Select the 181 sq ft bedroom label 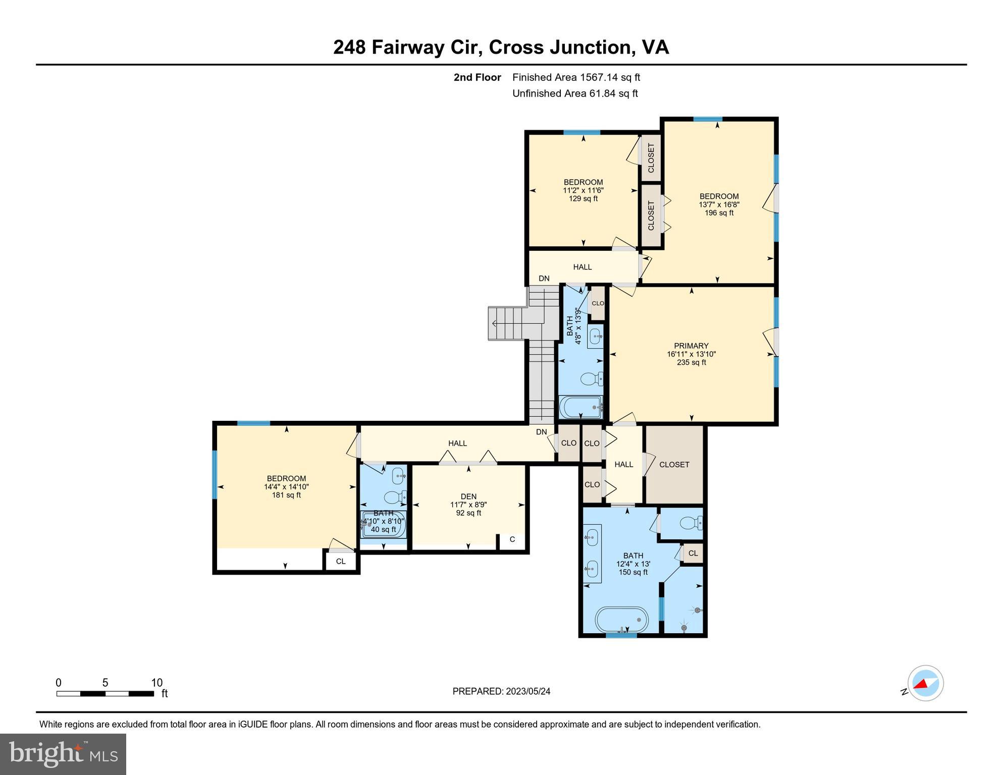coord(286,486)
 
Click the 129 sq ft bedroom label coord(583,190)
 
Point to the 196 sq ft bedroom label coord(719,204)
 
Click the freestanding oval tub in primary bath coord(621,620)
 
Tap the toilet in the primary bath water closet coord(690,523)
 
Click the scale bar coord(105,694)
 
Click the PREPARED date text coord(501,691)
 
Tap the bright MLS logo coord(63,754)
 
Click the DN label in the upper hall coord(544,279)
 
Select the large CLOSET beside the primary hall coord(674,464)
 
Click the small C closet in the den coord(512,539)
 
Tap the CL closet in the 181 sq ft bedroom coord(341,561)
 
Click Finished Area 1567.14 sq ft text coord(576,77)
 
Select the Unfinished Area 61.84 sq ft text coord(575,93)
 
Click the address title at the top coord(501,47)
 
